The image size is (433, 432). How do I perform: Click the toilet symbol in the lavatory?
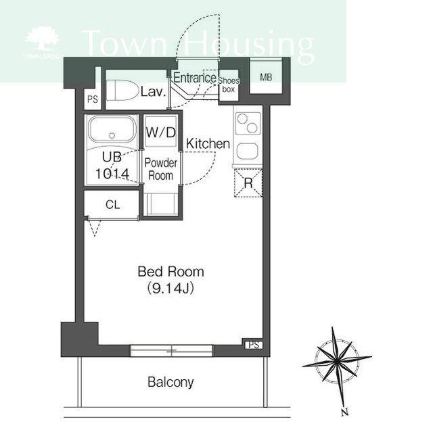click(122, 90)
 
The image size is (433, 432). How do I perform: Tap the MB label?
click(266, 77)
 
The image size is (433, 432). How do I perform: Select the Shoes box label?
click(229, 85)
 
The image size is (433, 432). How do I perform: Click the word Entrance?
click(195, 78)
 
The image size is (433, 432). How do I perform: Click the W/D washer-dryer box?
click(161, 131)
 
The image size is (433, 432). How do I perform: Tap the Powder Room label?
click(161, 169)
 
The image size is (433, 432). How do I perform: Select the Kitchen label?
click(208, 144)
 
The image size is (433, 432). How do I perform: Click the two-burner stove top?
click(247, 123)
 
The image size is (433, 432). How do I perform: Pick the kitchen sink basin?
click(248, 151)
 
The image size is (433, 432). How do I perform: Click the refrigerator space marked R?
click(248, 183)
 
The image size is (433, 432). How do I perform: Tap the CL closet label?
click(113, 205)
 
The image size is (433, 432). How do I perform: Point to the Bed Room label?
click(171, 272)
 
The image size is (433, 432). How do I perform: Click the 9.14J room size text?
click(170, 289)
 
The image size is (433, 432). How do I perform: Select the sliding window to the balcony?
click(171, 351)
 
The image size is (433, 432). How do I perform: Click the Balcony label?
click(170, 382)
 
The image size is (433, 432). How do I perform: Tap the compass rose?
click(337, 365)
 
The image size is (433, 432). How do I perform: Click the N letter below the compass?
click(344, 412)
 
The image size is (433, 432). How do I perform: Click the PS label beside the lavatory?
click(93, 99)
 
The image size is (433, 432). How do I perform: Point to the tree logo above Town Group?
click(42, 39)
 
